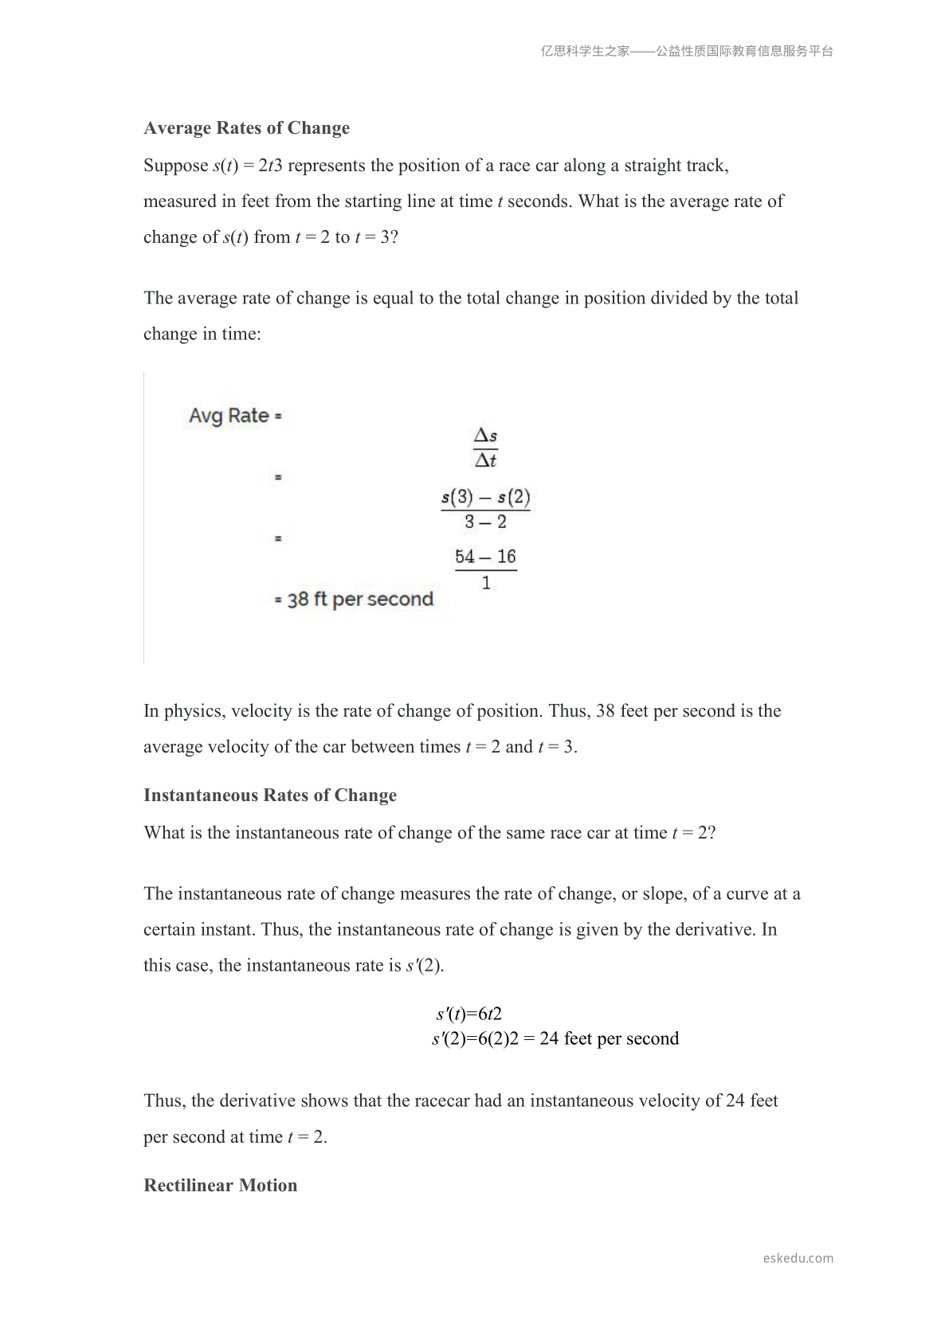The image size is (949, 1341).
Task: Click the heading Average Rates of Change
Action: [x=246, y=128]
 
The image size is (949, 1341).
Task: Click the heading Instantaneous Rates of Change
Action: [x=270, y=796]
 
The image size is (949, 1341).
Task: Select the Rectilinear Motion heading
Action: [x=221, y=1186]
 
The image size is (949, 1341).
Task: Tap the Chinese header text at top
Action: [x=687, y=52]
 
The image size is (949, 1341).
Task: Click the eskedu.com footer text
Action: [x=798, y=1258]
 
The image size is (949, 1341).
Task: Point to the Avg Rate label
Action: [x=229, y=416]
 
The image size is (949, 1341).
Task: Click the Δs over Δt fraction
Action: [x=485, y=448]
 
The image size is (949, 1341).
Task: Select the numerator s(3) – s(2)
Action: [x=485, y=498]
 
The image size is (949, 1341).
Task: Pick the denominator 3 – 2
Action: [x=485, y=522]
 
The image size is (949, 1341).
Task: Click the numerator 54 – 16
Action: [x=485, y=557]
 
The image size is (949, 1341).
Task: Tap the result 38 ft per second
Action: [x=360, y=600]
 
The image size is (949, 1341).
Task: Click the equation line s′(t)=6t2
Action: [x=469, y=1015]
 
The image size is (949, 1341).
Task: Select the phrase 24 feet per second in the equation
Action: [x=609, y=1039]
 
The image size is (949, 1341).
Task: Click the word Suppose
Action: [x=175, y=166]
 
